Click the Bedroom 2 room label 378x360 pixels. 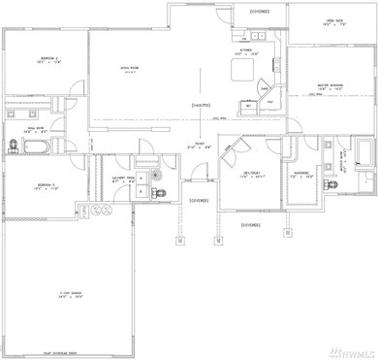[47, 60]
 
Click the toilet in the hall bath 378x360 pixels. [15, 147]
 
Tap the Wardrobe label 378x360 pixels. [302, 177]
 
